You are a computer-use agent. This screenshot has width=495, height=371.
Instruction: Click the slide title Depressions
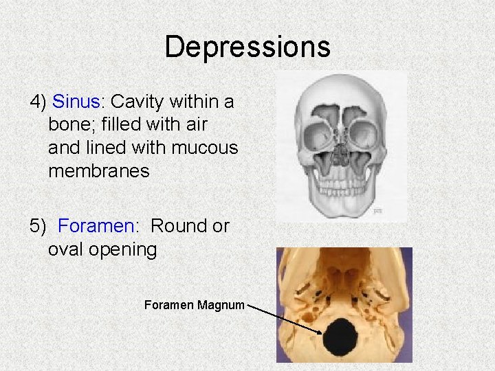[x=247, y=47]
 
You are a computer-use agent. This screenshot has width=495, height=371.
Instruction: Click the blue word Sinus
[x=76, y=102]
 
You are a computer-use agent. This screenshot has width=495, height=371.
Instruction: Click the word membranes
[x=99, y=170]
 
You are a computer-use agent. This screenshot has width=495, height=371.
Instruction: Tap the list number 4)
[x=38, y=102]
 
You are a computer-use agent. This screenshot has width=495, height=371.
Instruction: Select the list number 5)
[x=38, y=225]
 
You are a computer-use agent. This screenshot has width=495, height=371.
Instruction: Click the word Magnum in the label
[x=221, y=304]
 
